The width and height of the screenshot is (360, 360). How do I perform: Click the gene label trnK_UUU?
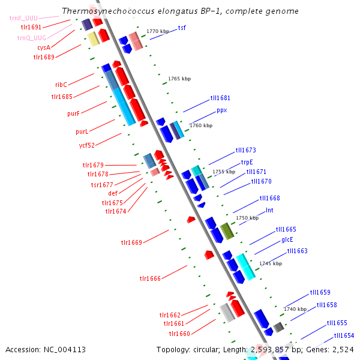[23, 18]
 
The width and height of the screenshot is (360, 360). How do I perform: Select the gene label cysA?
[44, 47]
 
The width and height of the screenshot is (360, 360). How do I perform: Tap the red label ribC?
[61, 85]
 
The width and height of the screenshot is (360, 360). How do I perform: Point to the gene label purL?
[82, 131]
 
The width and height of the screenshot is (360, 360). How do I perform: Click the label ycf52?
[88, 145]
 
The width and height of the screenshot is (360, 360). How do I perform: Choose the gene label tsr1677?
[102, 185]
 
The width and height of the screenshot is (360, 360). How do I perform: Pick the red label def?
[113, 193]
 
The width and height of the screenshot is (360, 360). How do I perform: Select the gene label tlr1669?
[131, 242]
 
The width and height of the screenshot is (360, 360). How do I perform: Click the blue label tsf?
[182, 28]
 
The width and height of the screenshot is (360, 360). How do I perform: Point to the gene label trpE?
[247, 162]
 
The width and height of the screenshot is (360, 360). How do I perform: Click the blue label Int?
[269, 211]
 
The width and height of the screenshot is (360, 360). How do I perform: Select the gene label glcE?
[287, 239]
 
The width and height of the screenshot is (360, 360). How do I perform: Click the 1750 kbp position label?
[247, 218]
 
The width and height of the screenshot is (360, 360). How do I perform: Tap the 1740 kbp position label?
[295, 309]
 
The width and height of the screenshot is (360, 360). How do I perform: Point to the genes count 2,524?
[342, 349]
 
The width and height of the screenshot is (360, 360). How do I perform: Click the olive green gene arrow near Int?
[226, 230]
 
